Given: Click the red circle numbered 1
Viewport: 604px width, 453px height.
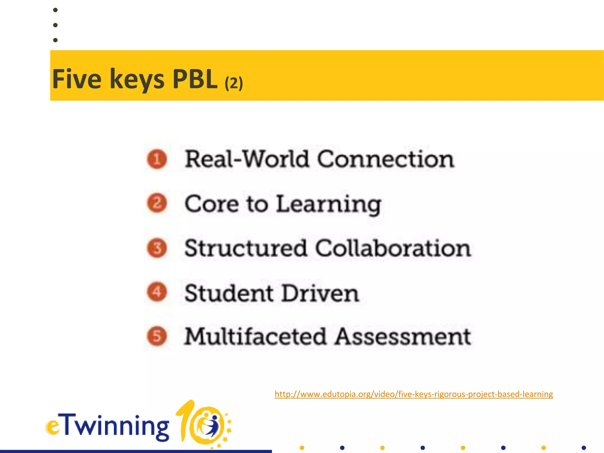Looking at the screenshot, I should (x=157, y=159).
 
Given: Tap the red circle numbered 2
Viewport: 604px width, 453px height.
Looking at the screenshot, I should (x=157, y=203).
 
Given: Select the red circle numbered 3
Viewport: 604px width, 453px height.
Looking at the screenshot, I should (x=157, y=248).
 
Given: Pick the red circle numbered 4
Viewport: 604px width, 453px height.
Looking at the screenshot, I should (x=157, y=292).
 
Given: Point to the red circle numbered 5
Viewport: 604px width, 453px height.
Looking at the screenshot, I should (x=157, y=336).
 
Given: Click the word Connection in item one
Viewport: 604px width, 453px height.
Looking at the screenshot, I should (x=385, y=159).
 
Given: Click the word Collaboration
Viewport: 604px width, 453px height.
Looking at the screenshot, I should (x=393, y=248).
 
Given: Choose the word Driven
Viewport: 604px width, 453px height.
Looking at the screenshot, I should (x=320, y=293).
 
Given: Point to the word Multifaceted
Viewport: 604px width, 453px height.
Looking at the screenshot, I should (x=255, y=337).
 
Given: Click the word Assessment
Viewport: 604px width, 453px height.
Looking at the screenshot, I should (x=403, y=337).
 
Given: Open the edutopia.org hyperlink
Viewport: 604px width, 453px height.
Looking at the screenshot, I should (x=413, y=394).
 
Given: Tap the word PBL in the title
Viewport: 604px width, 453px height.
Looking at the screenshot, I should (x=195, y=79).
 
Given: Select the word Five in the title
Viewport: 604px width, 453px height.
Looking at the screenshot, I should (x=77, y=79).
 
